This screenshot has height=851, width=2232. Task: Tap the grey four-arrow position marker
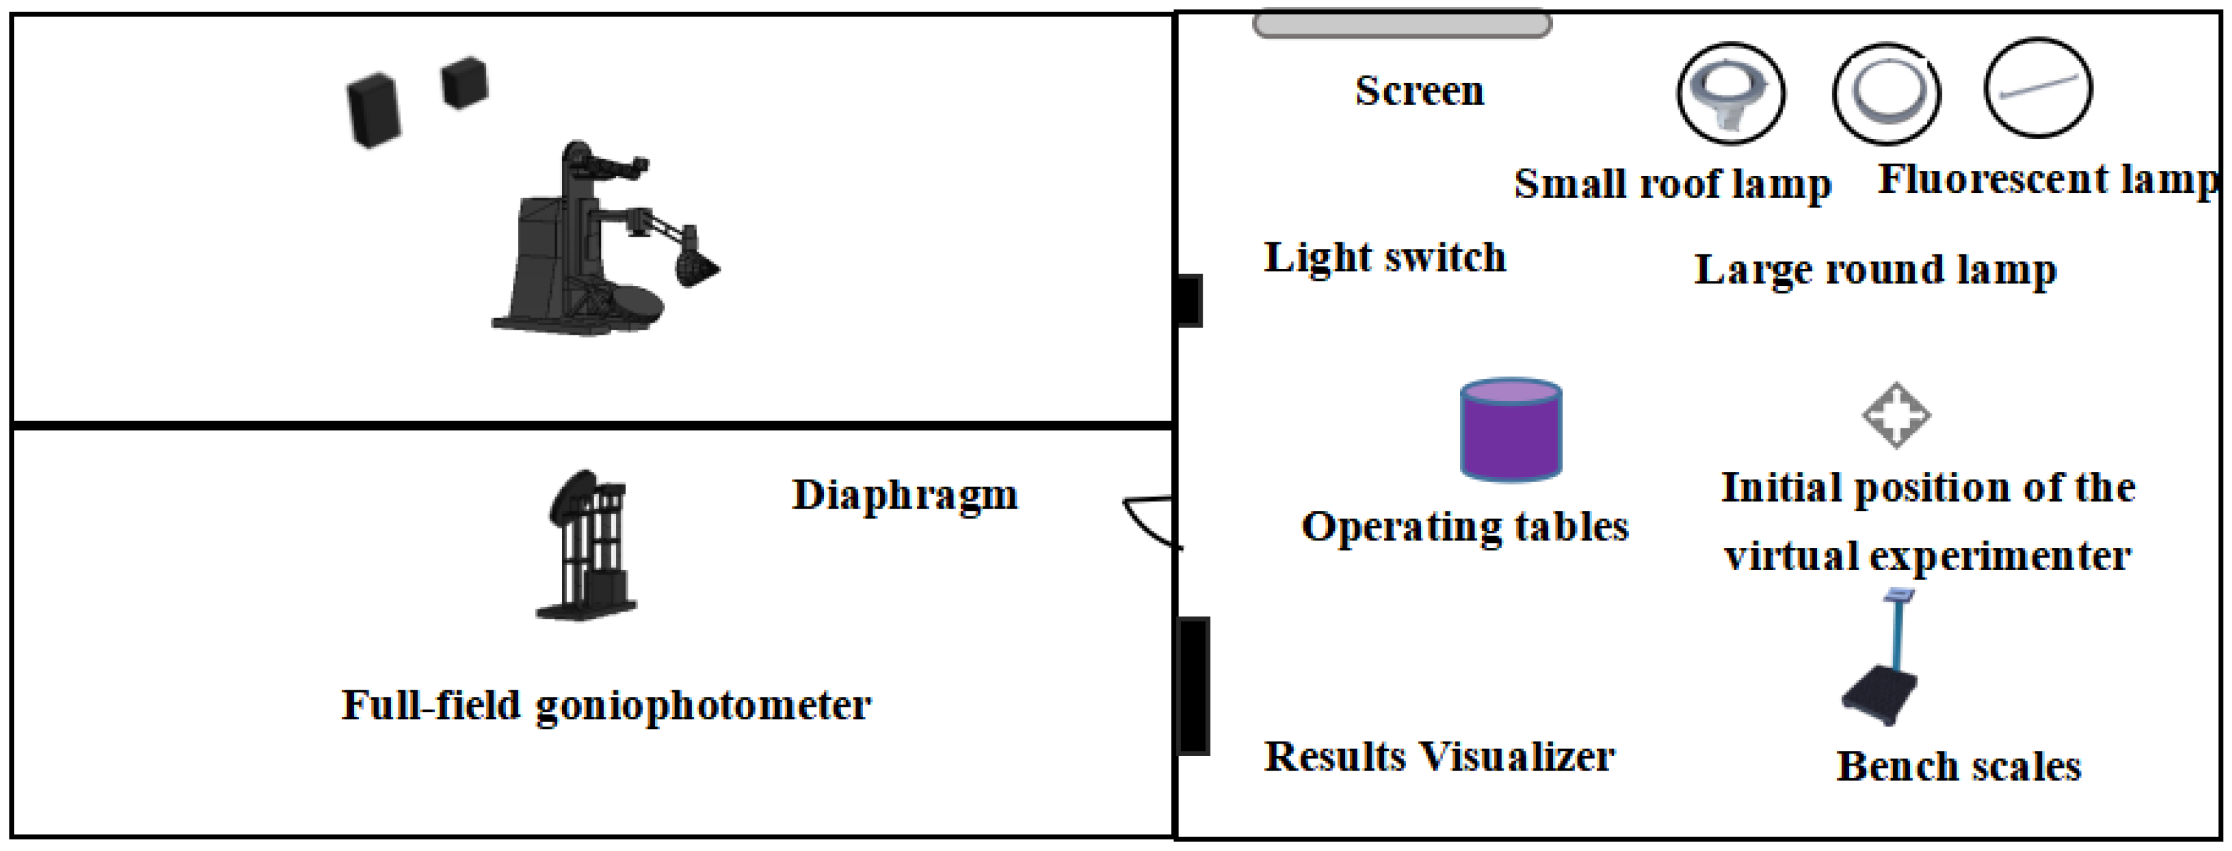(1896, 415)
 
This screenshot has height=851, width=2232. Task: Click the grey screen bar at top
(1401, 23)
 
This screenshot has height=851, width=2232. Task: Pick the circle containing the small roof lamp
(1731, 93)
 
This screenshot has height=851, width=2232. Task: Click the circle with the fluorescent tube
(2038, 87)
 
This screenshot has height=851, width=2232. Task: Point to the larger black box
(374, 110)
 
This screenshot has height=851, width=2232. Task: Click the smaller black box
(465, 83)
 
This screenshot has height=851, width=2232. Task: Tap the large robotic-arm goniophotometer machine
(598, 243)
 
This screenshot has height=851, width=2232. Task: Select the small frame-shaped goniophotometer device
(587, 546)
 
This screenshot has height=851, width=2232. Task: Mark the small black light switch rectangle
(1189, 301)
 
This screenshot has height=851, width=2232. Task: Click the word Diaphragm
(905, 495)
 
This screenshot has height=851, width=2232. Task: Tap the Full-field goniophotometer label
(606, 705)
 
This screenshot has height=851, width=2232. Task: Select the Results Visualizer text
(1438, 757)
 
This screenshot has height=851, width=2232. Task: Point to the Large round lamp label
(1875, 270)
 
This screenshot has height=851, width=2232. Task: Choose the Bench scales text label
(1958, 767)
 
